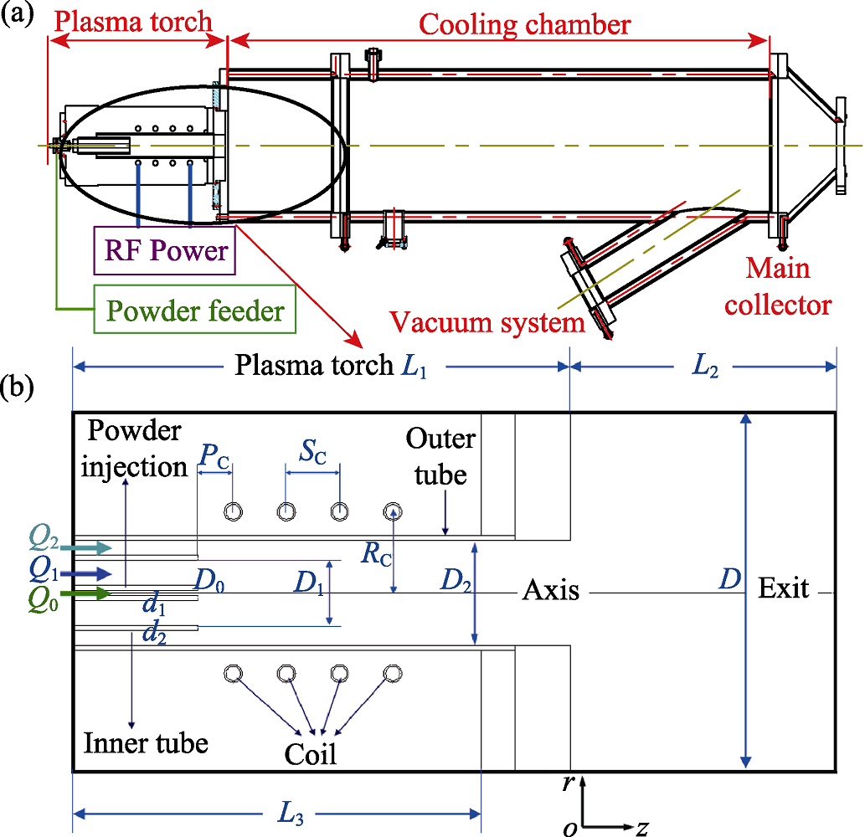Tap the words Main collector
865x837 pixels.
(778, 286)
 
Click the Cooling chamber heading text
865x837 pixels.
(524, 24)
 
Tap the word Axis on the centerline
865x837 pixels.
(551, 591)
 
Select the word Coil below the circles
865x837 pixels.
(311, 753)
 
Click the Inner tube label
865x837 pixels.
(146, 742)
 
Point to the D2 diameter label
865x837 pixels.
(443, 578)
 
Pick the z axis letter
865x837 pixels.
(642, 828)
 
